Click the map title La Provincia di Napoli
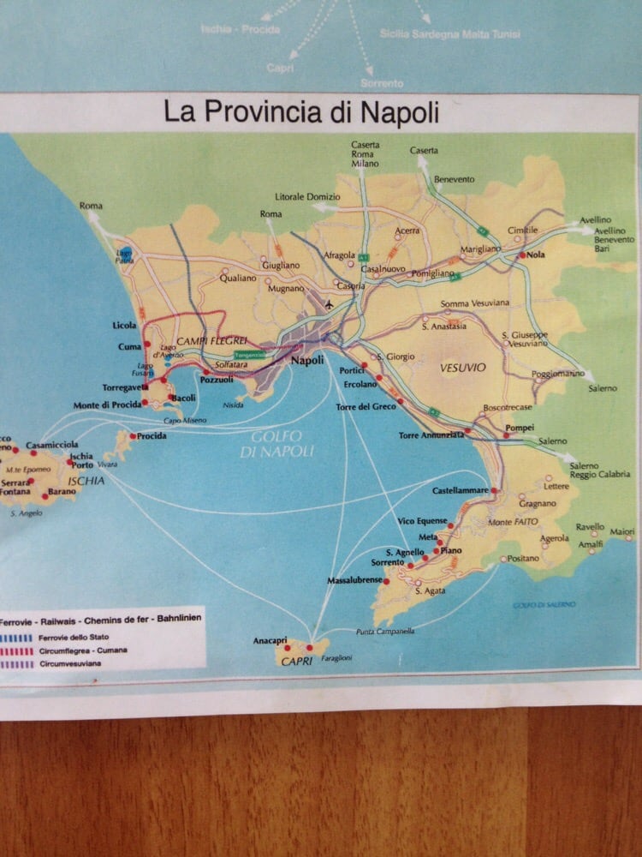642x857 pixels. (x=301, y=112)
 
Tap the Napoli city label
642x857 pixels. (x=307, y=360)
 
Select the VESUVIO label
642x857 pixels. (x=462, y=368)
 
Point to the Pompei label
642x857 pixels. (x=520, y=427)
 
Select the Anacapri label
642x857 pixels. (x=264, y=640)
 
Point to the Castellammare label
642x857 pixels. (x=460, y=490)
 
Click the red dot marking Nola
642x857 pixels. (x=521, y=255)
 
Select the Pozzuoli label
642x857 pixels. (x=216, y=380)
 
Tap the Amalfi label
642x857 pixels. (x=591, y=544)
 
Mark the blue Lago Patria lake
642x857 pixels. (x=126, y=255)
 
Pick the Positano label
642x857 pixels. (x=524, y=558)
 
